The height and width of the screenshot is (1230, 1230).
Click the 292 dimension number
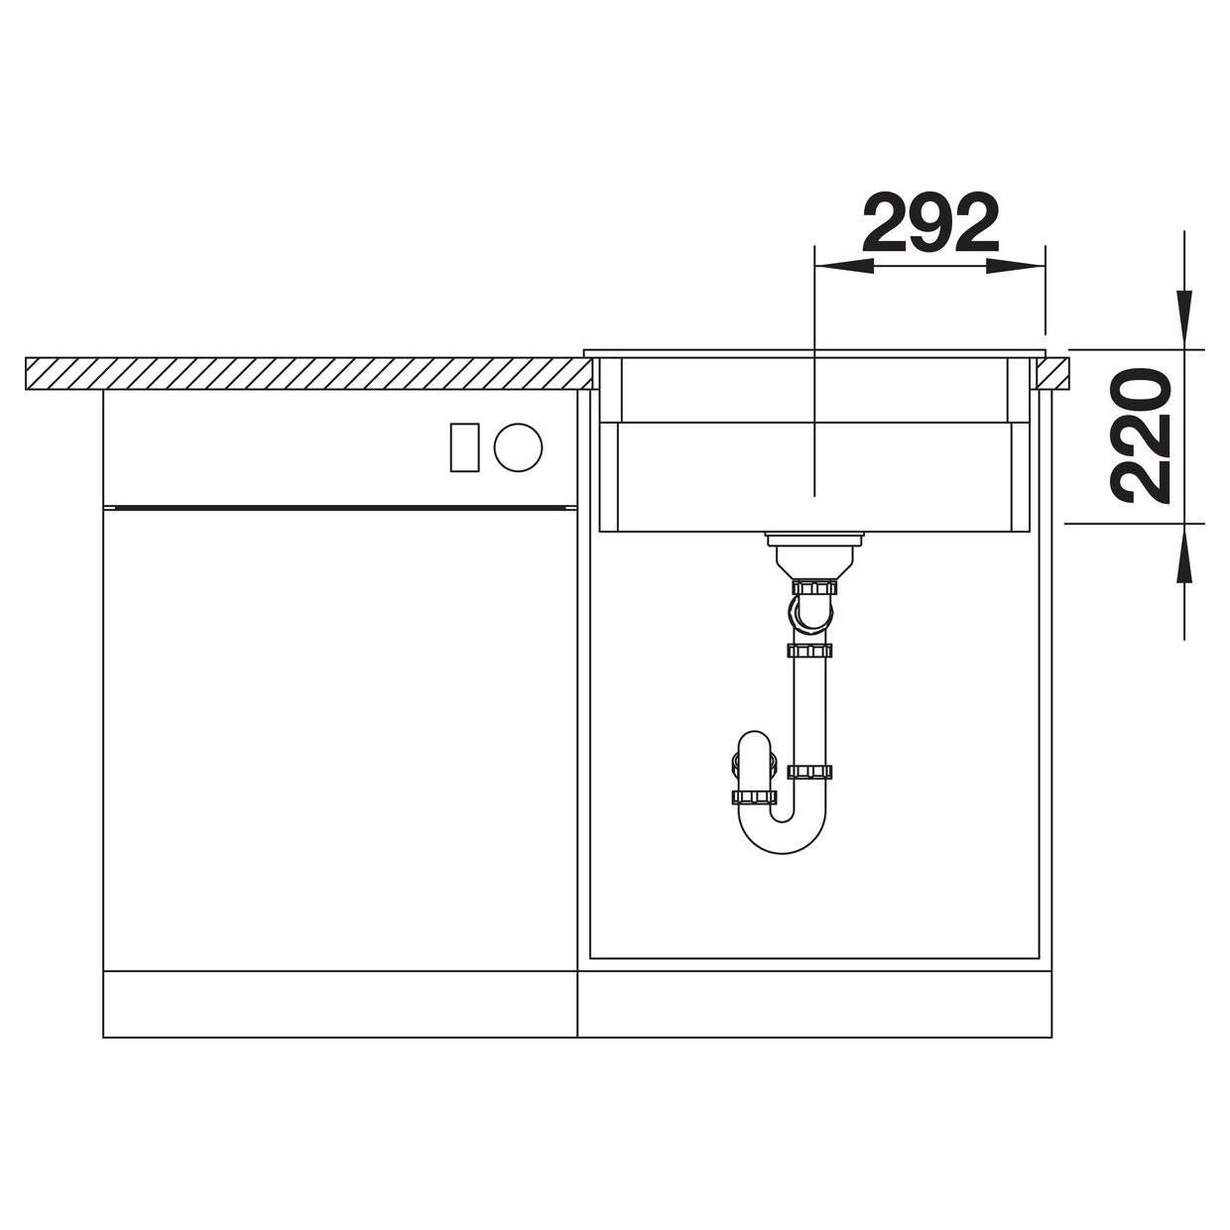(930, 223)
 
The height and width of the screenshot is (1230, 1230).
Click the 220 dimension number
(1143, 436)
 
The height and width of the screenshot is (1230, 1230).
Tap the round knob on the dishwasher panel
(519, 447)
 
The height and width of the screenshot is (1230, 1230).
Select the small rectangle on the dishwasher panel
(464, 447)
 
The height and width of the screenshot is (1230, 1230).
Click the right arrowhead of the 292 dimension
(1016, 266)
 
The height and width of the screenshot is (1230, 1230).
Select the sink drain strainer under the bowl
(814, 553)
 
